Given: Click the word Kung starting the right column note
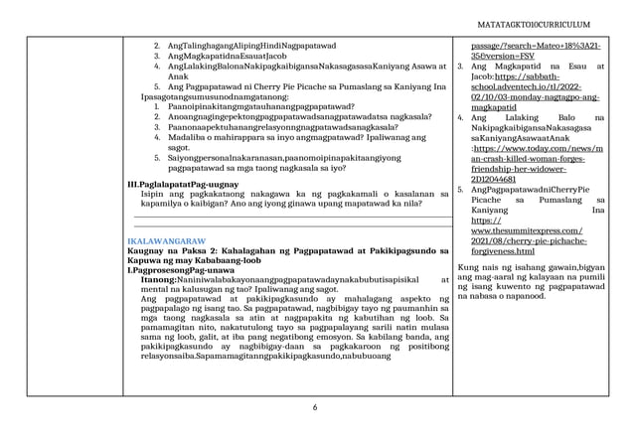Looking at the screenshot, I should pyautogui.click(x=465, y=268).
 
